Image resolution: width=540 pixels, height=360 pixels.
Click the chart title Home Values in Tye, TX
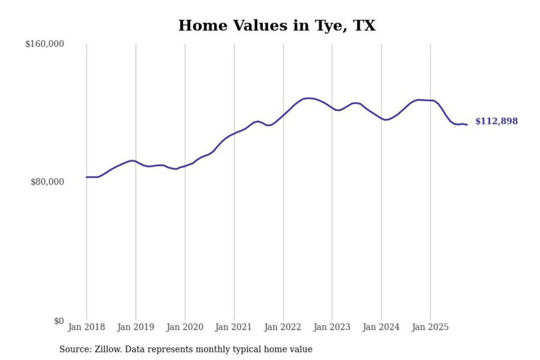pyautogui.click(x=277, y=25)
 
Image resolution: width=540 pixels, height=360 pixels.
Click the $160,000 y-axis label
pyautogui.click(x=45, y=44)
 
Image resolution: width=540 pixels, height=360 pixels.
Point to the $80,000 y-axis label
pyautogui.click(x=47, y=182)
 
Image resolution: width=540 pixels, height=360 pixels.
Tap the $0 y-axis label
pyautogui.click(x=59, y=321)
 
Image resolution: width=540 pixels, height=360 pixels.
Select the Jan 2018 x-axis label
pyautogui.click(x=86, y=327)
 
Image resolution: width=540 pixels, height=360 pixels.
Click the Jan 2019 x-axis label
pyautogui.click(x=135, y=327)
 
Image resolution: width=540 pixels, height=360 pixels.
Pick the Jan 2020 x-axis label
pyautogui.click(x=184, y=327)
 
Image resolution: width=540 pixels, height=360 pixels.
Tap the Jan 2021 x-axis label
pyautogui.click(x=233, y=327)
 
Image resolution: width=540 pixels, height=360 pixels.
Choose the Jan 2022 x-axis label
pyautogui.click(x=282, y=327)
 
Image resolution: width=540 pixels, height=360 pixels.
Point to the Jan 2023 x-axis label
pyautogui.click(x=331, y=327)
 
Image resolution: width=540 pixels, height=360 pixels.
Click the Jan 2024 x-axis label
pyautogui.click(x=381, y=327)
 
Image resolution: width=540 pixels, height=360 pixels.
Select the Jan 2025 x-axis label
pyautogui.click(x=430, y=327)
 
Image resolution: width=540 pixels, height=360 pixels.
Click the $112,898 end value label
pyautogui.click(x=496, y=121)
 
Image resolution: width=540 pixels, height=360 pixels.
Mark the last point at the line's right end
pyautogui.click(x=467, y=124)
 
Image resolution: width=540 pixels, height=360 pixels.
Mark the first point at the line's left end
pyautogui.click(x=87, y=177)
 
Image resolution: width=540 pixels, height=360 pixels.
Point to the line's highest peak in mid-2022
pyautogui.click(x=308, y=98)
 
